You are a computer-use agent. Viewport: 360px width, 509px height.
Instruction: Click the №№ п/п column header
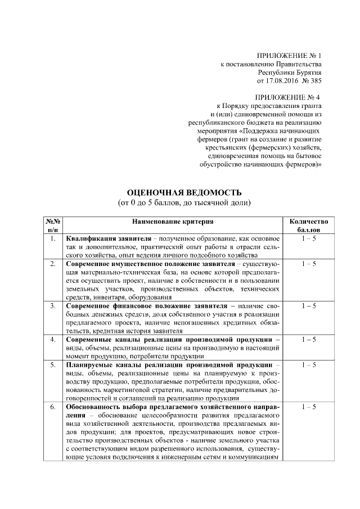pyautogui.click(x=53, y=226)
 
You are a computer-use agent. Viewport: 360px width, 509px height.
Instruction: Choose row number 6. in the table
pyautogui.click(x=53, y=406)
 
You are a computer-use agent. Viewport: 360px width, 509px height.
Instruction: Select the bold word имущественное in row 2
pyautogui.click(x=140, y=263)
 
